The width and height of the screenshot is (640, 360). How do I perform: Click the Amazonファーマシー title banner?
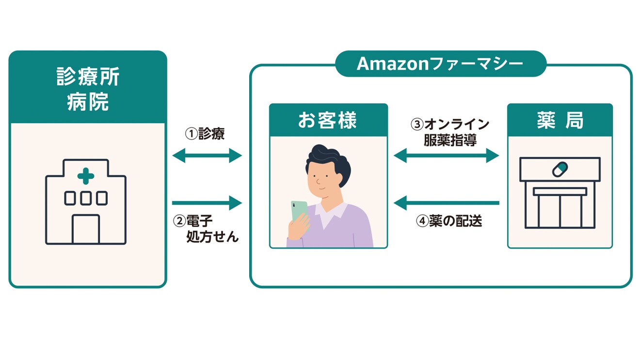[x=440, y=64]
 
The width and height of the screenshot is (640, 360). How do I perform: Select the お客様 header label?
[x=328, y=121]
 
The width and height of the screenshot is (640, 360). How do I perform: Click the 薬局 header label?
[x=560, y=121]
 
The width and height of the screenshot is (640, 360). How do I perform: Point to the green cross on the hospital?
[x=86, y=177]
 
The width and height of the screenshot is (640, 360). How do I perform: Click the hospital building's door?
[x=86, y=229]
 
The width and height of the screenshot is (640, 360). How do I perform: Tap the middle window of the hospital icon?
[x=86, y=198]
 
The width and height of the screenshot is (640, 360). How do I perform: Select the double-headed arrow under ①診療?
[x=207, y=156]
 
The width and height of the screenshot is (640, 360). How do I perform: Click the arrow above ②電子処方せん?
[x=207, y=203]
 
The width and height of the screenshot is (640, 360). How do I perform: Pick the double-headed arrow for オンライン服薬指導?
[x=446, y=156]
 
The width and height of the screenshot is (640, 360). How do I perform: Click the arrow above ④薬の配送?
[x=446, y=203]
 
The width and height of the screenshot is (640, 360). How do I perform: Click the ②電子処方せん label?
[x=207, y=229]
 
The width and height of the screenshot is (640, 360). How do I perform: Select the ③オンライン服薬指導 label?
[x=450, y=132]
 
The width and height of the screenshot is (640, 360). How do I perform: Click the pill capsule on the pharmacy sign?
[x=560, y=169]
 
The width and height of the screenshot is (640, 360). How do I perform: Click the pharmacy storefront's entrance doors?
[x=560, y=211]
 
